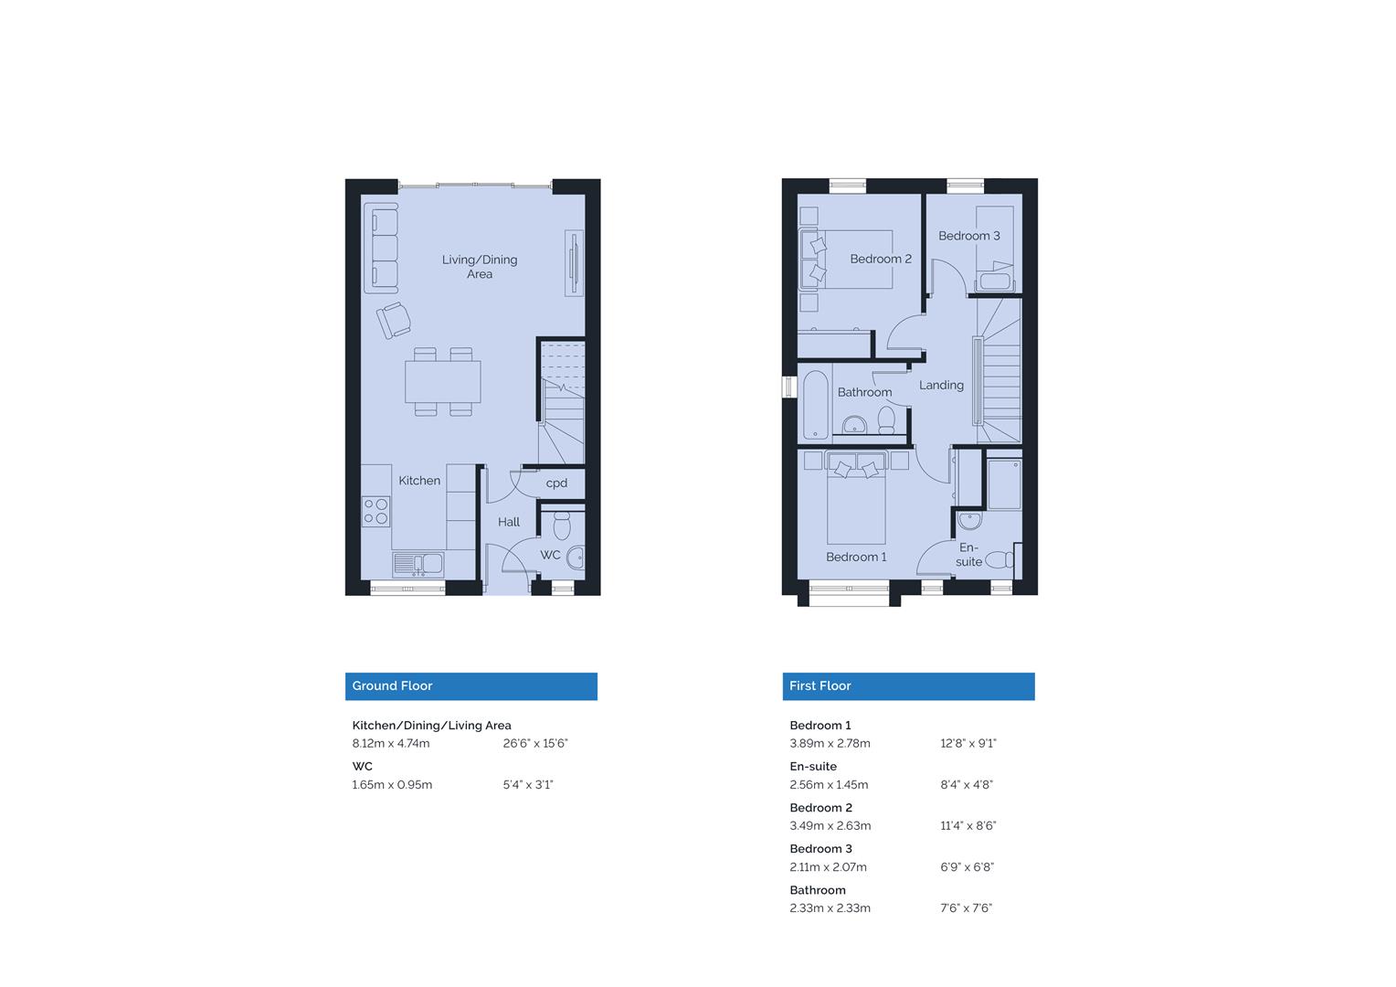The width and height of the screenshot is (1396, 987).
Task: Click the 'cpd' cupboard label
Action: [x=556, y=483]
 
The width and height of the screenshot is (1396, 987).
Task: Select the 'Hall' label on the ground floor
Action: [x=509, y=522]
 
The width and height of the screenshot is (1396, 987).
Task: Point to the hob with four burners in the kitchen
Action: [x=375, y=511]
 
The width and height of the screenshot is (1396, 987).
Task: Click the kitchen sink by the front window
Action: [x=418, y=564]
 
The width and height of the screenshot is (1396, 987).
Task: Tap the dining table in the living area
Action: [x=443, y=382]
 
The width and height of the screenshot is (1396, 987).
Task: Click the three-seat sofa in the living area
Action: [x=381, y=248]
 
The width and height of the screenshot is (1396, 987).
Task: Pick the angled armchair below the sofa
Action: [x=395, y=320]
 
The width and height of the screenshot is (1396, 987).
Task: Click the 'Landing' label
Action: [x=941, y=386]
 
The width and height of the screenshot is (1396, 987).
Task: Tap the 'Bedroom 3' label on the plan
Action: [x=968, y=236]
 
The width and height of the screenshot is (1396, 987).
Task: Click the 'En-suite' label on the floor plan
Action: [x=968, y=555]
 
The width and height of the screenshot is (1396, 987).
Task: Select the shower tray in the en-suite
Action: [x=1004, y=484]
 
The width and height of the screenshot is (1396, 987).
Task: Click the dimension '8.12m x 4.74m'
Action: [x=391, y=744]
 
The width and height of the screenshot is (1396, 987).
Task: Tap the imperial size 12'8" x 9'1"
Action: [x=968, y=744]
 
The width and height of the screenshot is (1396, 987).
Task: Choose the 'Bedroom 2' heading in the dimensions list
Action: [x=820, y=808]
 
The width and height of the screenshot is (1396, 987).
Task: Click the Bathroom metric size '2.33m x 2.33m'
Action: [x=830, y=908]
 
